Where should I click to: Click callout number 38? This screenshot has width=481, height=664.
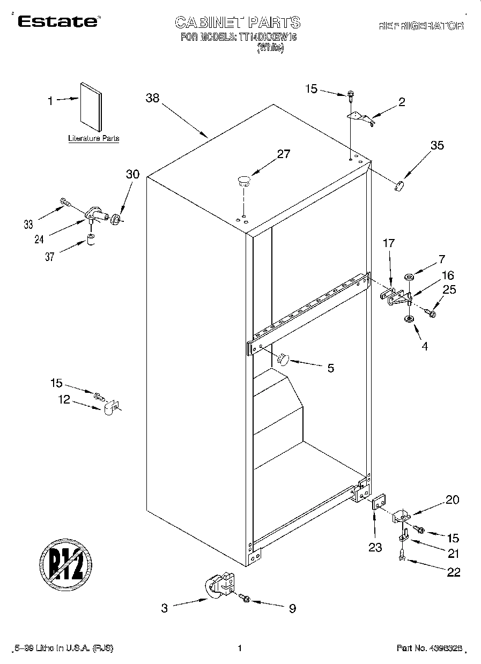[x=153, y=98]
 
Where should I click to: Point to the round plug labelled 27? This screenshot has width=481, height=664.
[x=244, y=180]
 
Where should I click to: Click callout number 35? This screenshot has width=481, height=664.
[x=437, y=145]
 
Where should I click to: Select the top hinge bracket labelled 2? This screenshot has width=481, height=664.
[x=360, y=117]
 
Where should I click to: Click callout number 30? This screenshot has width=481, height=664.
[x=132, y=174]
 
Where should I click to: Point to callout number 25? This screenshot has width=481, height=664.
[x=449, y=290]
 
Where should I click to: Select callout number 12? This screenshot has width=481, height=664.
[x=64, y=400]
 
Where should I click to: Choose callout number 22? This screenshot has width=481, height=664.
[x=454, y=572]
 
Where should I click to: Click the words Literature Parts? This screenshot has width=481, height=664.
[x=93, y=138]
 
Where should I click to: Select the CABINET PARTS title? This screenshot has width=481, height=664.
[x=238, y=23]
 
